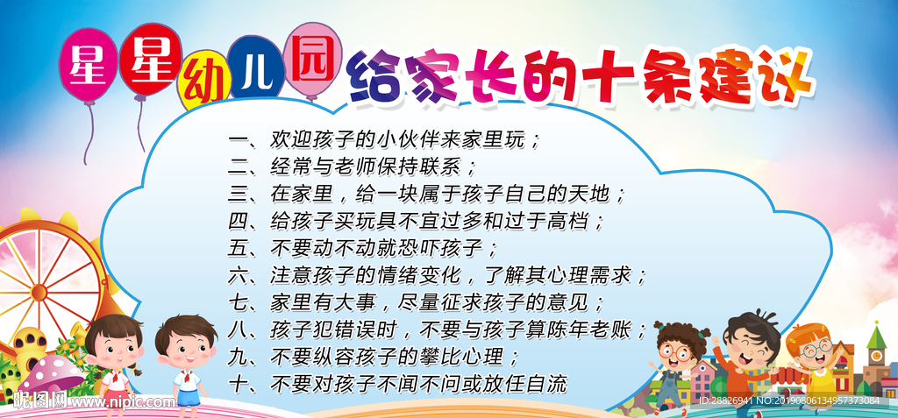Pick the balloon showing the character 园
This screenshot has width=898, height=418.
312,54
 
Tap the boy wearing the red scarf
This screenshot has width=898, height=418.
185,359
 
